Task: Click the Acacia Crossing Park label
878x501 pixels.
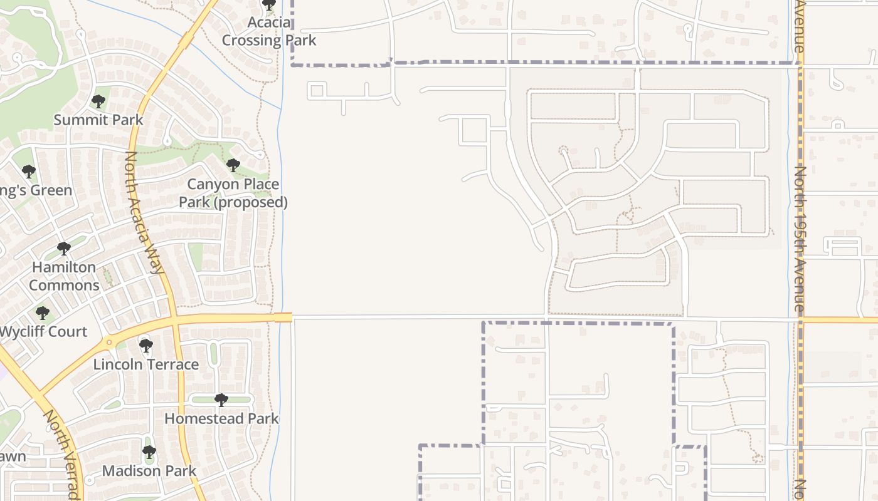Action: [x=268, y=32]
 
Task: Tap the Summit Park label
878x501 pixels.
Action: [x=98, y=120]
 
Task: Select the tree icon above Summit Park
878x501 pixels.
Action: [x=98, y=101]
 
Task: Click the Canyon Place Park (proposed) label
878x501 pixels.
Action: [x=233, y=194]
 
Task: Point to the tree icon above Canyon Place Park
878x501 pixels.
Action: [x=233, y=166]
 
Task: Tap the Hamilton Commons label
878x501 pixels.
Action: [x=64, y=276]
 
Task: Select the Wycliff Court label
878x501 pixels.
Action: [x=43, y=331]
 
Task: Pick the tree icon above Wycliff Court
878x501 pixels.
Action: [x=42, y=312]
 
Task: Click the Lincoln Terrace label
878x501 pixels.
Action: [x=146, y=364]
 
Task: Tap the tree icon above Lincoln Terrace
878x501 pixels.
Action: [x=146, y=346]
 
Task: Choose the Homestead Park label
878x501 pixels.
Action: [x=221, y=418]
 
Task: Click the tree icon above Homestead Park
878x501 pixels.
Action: [x=221, y=400]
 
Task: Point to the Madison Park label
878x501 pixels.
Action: [x=149, y=471]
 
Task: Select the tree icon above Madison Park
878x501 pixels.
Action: [x=149, y=452]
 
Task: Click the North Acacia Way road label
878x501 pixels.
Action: [x=144, y=213]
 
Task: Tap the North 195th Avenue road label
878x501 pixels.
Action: [x=799, y=238]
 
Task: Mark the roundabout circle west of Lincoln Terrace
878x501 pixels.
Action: [x=109, y=343]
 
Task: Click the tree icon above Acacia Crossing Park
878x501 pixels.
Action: [x=269, y=6]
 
